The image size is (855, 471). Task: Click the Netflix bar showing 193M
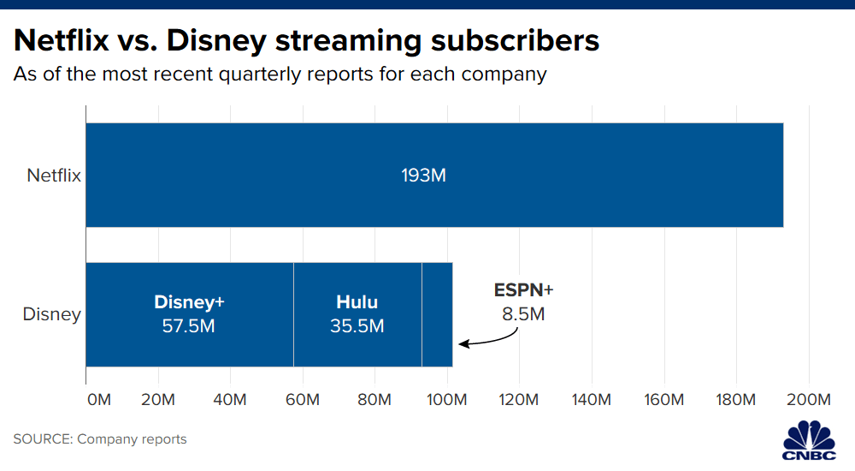434,175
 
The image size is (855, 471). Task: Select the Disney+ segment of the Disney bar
190,315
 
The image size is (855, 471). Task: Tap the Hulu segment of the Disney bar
357,315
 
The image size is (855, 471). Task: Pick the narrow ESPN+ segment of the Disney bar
437,315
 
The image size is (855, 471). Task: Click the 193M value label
424,176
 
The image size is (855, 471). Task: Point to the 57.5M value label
189,326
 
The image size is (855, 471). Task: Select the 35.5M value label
357,326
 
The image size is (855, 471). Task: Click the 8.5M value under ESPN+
523,314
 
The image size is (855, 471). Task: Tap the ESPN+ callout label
523,290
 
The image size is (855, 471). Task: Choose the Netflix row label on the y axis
54,176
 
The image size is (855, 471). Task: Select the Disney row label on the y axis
52,314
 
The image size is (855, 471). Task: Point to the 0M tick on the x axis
98,399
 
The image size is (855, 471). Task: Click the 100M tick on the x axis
446,399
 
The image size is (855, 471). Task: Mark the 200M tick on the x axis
809,399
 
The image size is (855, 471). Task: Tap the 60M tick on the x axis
303,399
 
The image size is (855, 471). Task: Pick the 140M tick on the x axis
591,399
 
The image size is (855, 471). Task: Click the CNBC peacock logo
809,440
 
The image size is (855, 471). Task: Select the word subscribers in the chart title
515,40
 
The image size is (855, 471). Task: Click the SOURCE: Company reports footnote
100,438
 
